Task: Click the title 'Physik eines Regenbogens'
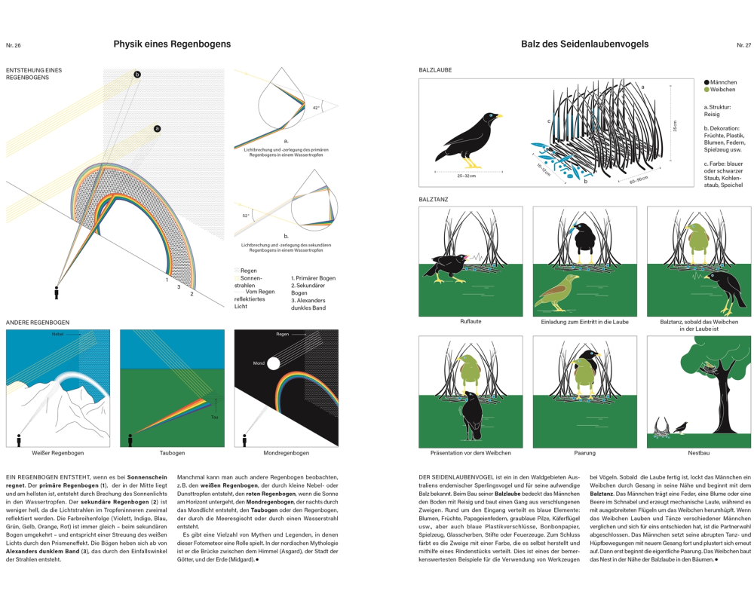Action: click(x=172, y=44)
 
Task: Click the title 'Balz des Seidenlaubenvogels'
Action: click(x=584, y=44)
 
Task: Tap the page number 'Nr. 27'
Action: click(x=743, y=45)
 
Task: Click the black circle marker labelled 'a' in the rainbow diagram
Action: click(x=157, y=129)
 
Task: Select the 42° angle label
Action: click(x=317, y=108)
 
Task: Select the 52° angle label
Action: click(x=246, y=216)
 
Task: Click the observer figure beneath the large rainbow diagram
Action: click(x=56, y=292)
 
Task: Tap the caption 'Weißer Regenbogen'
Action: click(x=58, y=453)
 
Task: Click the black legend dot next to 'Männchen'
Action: click(x=706, y=82)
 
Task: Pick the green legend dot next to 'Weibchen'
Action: click(x=706, y=89)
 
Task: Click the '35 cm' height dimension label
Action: click(x=676, y=127)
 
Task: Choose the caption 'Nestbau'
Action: click(x=698, y=453)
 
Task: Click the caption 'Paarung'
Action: click(x=584, y=453)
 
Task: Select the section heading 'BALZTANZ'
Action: click(x=434, y=199)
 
